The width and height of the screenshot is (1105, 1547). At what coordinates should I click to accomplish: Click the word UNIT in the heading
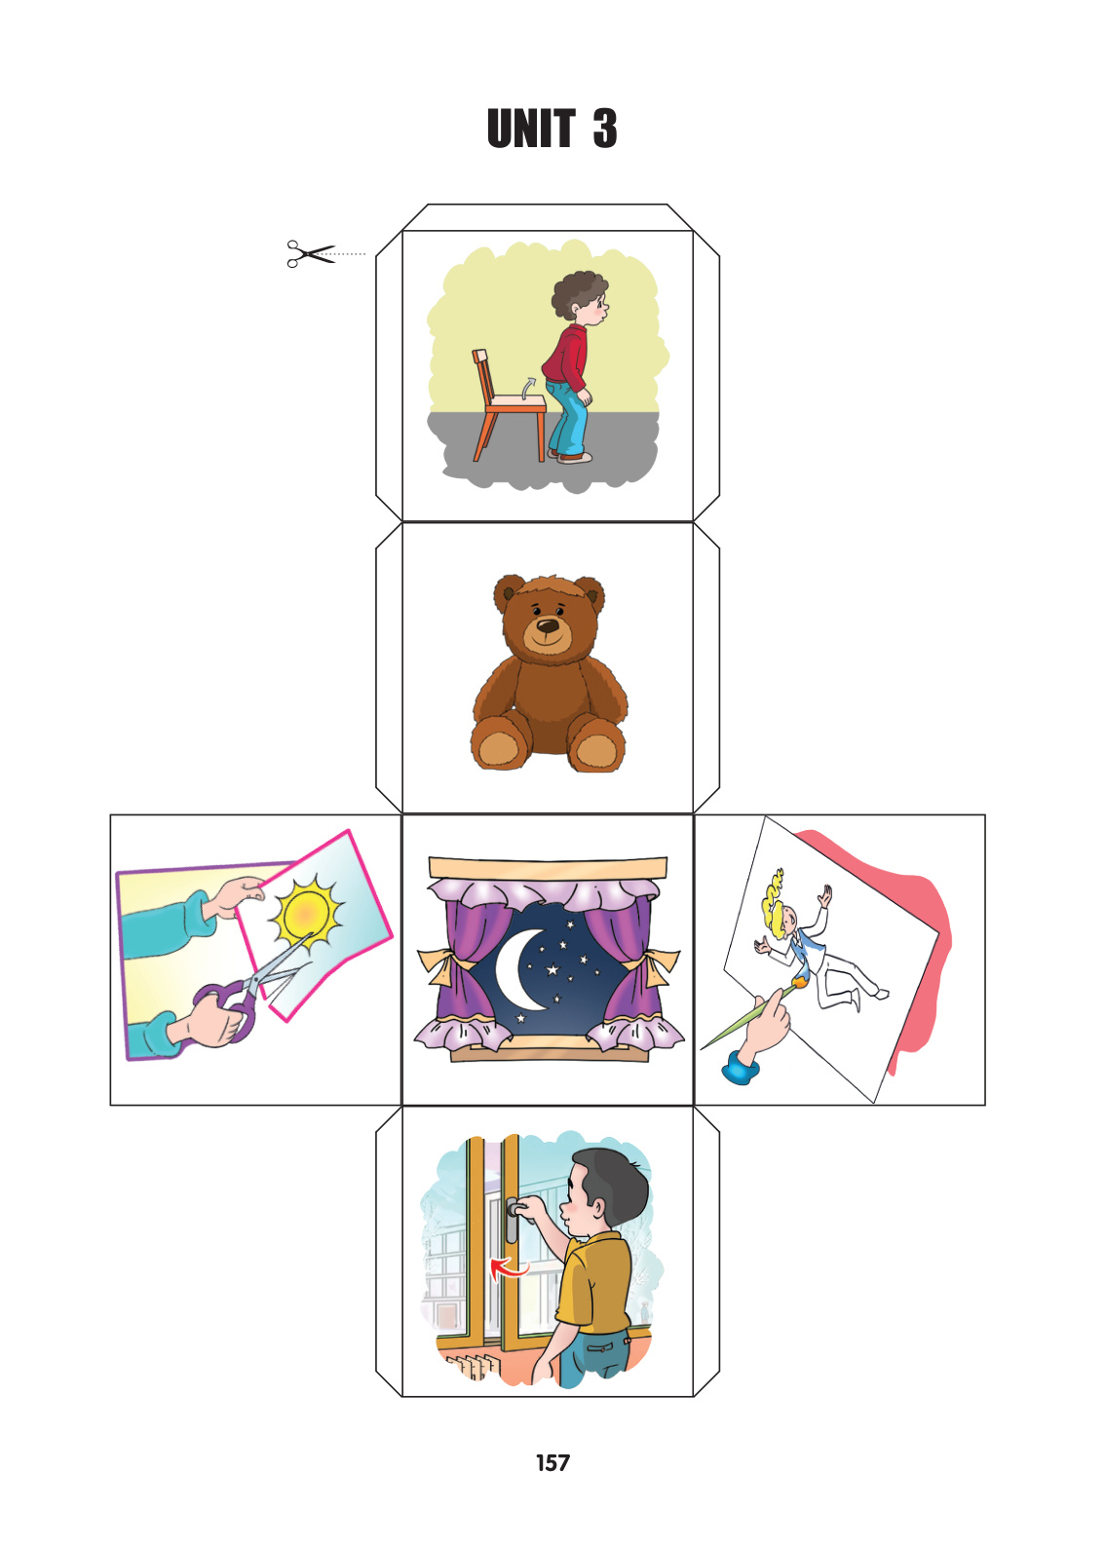[531, 129]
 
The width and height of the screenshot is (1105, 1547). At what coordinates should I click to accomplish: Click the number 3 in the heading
[604, 129]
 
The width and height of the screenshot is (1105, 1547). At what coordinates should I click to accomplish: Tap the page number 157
[552, 1462]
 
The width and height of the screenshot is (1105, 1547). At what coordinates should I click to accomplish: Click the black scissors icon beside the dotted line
[311, 254]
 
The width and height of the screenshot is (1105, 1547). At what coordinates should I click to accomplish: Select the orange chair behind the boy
[508, 406]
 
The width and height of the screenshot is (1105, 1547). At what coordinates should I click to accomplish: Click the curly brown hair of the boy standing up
[578, 292]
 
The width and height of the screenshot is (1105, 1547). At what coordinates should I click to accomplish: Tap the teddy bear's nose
[548, 625]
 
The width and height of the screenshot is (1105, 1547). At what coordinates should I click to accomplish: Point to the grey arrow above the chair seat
[528, 388]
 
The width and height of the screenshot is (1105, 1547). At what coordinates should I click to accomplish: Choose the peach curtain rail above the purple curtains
[548, 867]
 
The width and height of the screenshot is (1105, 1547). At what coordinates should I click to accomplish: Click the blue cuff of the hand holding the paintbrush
[740, 1069]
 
